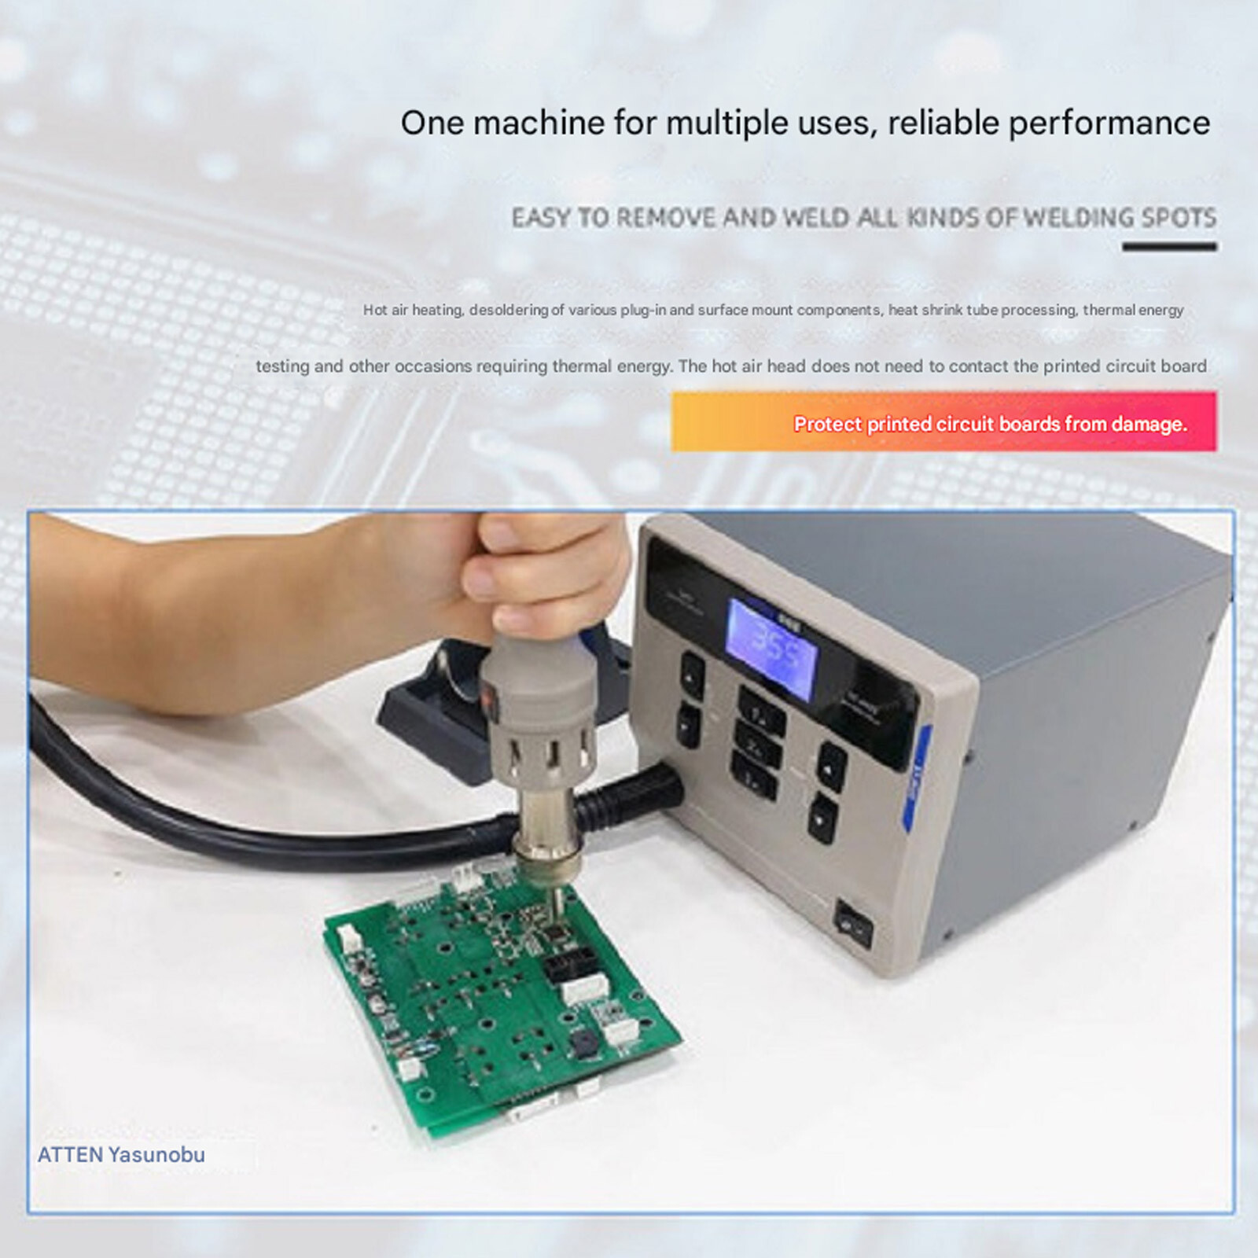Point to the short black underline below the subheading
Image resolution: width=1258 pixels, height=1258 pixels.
coord(1169,247)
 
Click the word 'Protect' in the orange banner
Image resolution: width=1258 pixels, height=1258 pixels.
coord(827,424)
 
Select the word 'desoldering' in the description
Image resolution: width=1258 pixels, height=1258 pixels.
coord(508,310)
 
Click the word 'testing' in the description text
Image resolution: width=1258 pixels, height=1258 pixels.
coord(282,366)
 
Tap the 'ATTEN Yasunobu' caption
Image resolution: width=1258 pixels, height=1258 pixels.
coord(121,1154)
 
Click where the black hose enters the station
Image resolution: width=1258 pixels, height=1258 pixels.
coord(660,790)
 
